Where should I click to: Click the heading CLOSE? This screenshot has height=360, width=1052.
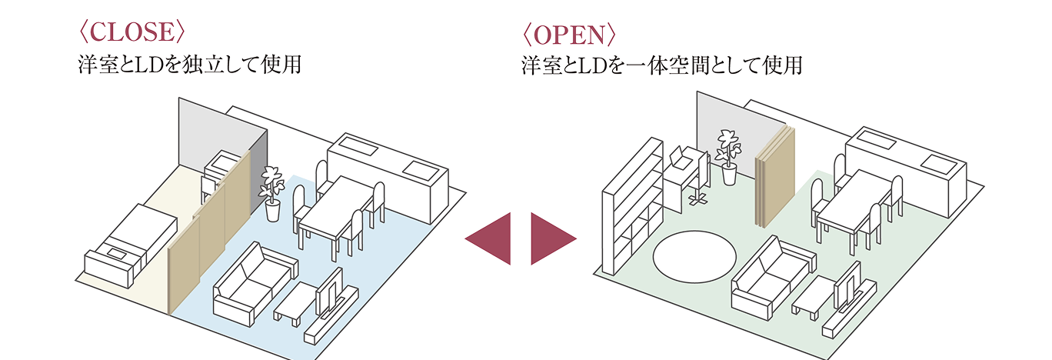[x=131, y=32]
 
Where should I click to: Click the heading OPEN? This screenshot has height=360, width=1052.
[x=568, y=35]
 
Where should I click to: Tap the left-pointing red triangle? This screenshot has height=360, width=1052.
[x=491, y=239]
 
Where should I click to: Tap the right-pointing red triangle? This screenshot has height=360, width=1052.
[x=551, y=239]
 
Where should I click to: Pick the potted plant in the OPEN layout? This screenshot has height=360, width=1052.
[x=727, y=156]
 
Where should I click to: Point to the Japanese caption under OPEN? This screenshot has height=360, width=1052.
[x=661, y=66]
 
